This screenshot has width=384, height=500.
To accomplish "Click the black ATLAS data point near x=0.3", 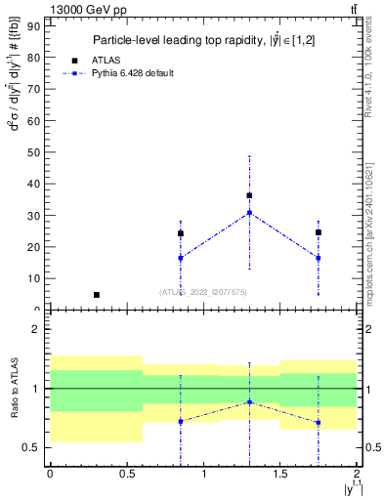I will [96, 294].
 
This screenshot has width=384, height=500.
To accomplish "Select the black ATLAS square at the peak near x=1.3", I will [249, 195].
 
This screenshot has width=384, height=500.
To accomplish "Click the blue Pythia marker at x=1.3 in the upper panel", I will [249, 213].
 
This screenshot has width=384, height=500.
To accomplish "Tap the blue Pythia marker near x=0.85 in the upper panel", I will [181, 258].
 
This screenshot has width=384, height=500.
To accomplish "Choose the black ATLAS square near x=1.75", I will [319, 232].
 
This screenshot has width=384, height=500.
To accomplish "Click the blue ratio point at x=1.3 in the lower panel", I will [249, 401].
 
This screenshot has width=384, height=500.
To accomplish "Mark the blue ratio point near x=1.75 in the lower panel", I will [319, 423].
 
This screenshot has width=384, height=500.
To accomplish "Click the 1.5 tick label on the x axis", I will [280, 474].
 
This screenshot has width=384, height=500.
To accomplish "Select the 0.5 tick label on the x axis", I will [126, 474].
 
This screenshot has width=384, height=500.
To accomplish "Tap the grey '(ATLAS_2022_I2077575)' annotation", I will [204, 292].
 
